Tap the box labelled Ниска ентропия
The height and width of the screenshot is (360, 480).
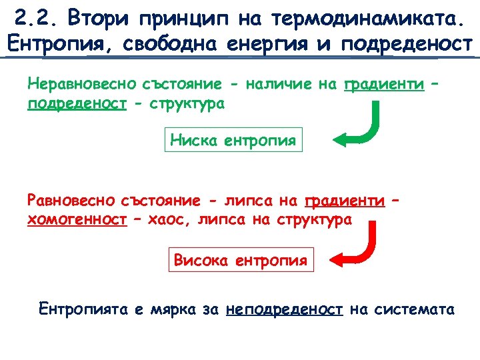[233, 140]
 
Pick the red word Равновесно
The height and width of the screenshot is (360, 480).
[72, 201]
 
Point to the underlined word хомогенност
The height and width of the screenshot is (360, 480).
[77, 221]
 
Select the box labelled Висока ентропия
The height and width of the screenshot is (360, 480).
[240, 260]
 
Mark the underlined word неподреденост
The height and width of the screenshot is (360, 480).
[285, 309]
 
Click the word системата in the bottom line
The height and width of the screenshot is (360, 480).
[414, 309]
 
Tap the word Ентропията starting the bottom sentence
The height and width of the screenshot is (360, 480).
[82, 309]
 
